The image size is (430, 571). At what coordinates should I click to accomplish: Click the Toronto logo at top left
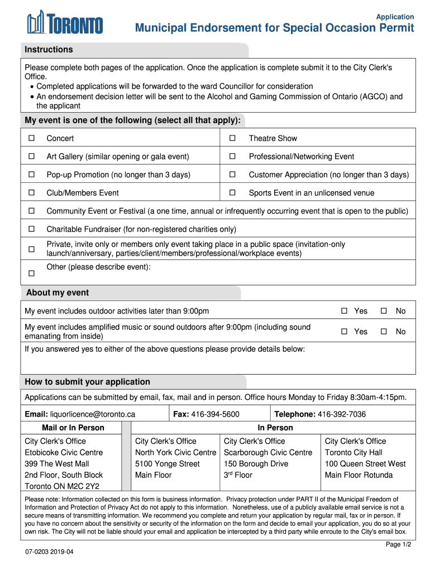pyautogui.click(x=65, y=24)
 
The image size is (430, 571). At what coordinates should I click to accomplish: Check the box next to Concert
pyautogui.click(x=32, y=138)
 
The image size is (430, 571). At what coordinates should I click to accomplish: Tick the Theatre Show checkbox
pyautogui.click(x=233, y=138)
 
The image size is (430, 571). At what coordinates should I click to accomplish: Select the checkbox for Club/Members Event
pyautogui.click(x=32, y=193)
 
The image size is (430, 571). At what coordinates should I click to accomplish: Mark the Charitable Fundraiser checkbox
pyautogui.click(x=32, y=229)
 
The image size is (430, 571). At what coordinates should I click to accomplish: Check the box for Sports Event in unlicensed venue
pyautogui.click(x=233, y=193)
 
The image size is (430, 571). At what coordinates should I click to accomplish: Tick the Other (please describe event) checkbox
pyautogui.click(x=32, y=273)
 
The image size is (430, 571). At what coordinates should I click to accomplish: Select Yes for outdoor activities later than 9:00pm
pyautogui.click(x=345, y=311)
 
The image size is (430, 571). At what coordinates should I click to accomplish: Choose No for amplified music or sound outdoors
pyautogui.click(x=384, y=331)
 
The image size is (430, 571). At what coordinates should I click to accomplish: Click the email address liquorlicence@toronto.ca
pyautogui.click(x=93, y=414)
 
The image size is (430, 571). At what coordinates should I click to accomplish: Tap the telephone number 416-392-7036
pyautogui.click(x=341, y=414)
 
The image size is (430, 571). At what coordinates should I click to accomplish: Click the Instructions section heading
pyautogui.click(x=49, y=50)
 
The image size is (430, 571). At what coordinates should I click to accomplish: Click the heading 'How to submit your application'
pyautogui.click(x=87, y=382)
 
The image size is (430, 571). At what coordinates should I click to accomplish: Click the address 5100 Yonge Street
pyautogui.click(x=167, y=464)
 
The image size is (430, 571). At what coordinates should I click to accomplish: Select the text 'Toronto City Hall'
pyautogui.click(x=353, y=452)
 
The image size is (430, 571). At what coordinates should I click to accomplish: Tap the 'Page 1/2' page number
pyautogui.click(x=398, y=545)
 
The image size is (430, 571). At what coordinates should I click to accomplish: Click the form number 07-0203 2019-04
pyautogui.click(x=49, y=552)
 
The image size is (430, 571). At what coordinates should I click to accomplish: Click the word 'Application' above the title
pyautogui.click(x=395, y=17)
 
